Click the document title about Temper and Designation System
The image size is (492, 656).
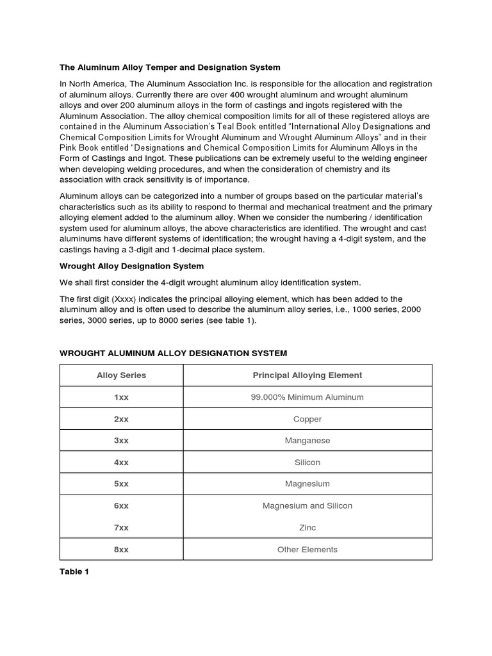click(x=170, y=67)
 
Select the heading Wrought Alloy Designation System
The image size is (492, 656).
click(x=132, y=265)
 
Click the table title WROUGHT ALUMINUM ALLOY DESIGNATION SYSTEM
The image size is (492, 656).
click(x=173, y=353)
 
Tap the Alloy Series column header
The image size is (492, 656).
click(x=121, y=375)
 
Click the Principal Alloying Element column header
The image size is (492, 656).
click(x=307, y=375)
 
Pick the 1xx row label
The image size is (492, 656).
click(x=121, y=397)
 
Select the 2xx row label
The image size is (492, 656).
click(x=121, y=419)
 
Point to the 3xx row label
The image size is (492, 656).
click(x=121, y=441)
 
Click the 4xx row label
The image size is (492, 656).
click(x=121, y=463)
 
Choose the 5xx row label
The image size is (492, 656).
click(x=121, y=484)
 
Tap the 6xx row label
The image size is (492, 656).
click(x=121, y=506)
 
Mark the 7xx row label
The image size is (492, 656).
click(x=121, y=528)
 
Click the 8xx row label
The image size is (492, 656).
click(x=121, y=550)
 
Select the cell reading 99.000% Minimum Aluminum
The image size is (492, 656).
click(x=307, y=397)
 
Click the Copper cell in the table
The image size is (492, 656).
click(x=307, y=419)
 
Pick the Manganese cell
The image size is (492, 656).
click(x=307, y=441)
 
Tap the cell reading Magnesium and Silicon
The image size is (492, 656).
click(x=307, y=506)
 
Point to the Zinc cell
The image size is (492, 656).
click(x=307, y=528)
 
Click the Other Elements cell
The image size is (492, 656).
click(x=307, y=550)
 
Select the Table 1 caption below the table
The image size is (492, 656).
click(x=74, y=572)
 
